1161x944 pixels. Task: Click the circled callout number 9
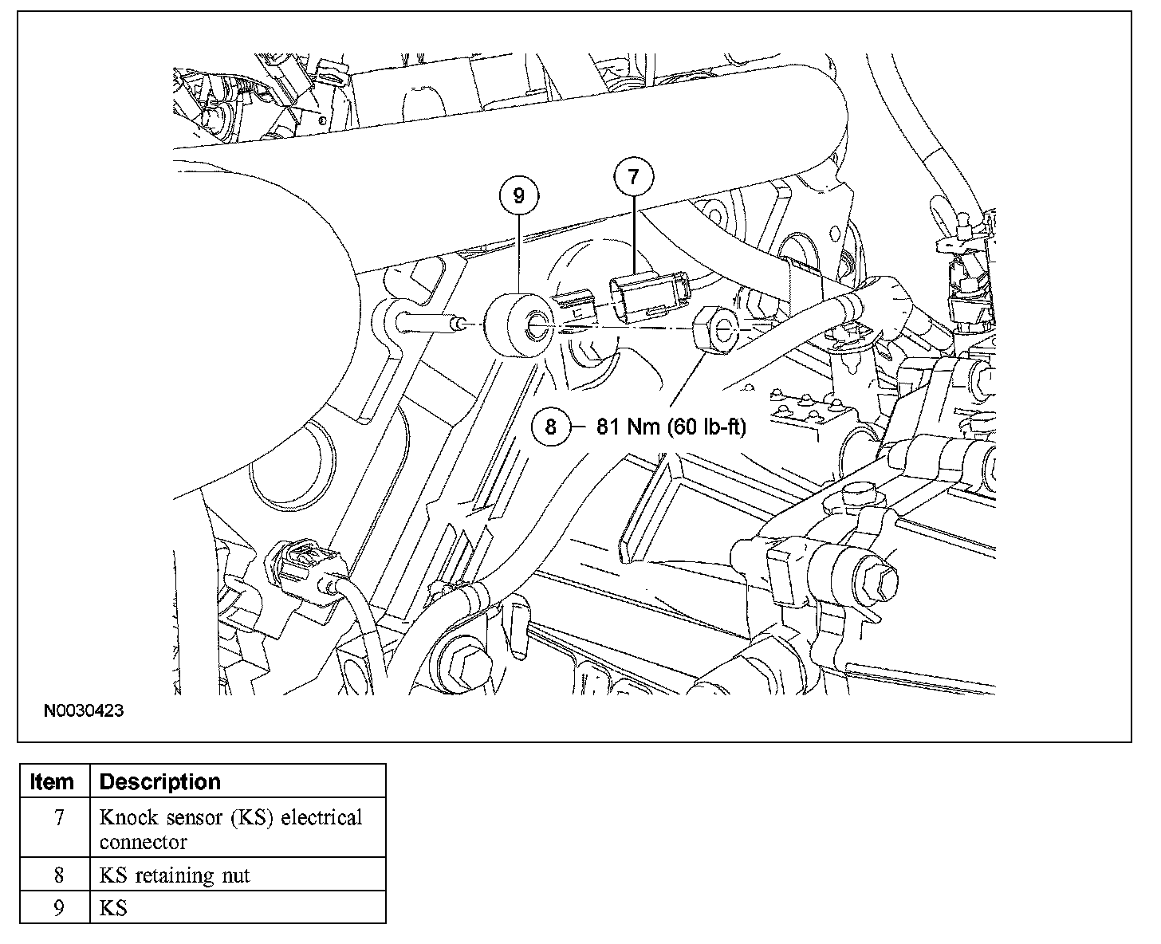click(x=519, y=196)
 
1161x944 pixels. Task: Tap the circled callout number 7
click(x=633, y=178)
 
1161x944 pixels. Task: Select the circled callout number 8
click(x=551, y=427)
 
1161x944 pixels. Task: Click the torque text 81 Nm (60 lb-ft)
click(x=671, y=427)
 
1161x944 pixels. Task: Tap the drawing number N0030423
click(x=84, y=710)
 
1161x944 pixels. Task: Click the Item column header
click(x=53, y=781)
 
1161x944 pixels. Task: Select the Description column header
click(x=159, y=781)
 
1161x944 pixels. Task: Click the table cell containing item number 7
click(x=58, y=818)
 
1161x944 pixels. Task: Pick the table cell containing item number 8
click(x=58, y=875)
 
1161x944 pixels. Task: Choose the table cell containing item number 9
click(x=58, y=907)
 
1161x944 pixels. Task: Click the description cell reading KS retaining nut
click(x=175, y=875)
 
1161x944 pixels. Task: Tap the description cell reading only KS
click(x=113, y=907)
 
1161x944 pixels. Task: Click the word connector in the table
click(x=144, y=842)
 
